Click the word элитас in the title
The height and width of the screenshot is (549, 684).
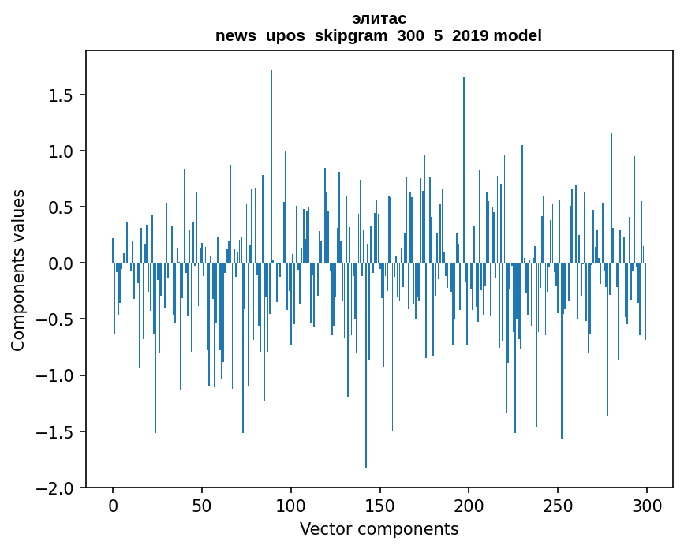coord(379,18)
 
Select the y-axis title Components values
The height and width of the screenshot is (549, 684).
coord(18,270)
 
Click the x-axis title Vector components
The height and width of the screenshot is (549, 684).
coord(379,528)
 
